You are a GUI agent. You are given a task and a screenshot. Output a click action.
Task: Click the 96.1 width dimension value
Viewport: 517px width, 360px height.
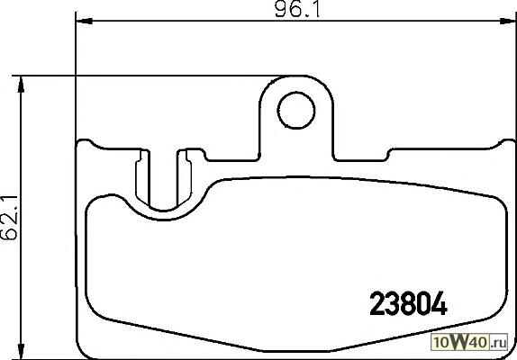coord(297,10)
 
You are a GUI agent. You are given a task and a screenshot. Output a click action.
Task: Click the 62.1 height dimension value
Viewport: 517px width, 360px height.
coord(9,218)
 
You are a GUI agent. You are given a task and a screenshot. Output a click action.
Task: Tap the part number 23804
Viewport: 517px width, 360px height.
coord(408,304)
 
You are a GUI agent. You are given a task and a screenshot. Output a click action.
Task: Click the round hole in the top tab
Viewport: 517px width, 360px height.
coord(296,110)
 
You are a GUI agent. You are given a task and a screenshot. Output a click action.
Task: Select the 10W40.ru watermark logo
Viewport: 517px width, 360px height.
coord(469,343)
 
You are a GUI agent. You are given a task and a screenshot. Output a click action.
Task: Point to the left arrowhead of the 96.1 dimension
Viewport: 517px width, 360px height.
coord(84,21)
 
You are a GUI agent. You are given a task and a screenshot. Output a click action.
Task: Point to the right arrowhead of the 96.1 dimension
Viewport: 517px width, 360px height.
coord(508,21)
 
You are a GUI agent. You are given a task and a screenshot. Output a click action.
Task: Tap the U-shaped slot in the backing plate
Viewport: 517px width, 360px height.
coord(164,208)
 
